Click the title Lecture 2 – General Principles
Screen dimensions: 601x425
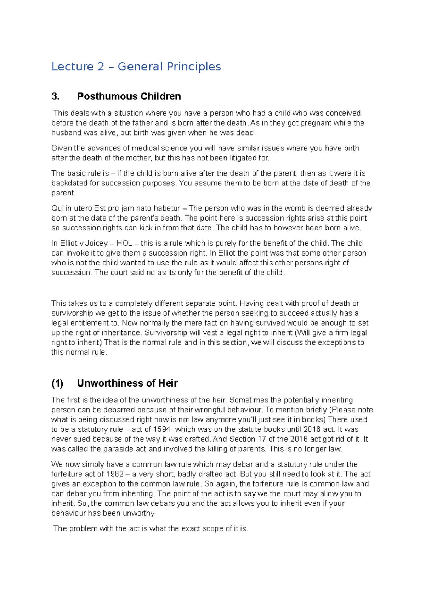[136, 67]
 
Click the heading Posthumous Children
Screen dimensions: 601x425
[129, 96]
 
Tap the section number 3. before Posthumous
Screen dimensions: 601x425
[56, 96]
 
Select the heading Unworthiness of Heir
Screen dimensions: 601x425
[127, 383]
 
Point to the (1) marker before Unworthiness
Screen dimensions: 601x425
[57, 383]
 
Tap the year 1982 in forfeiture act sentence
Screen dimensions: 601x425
[115, 474]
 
